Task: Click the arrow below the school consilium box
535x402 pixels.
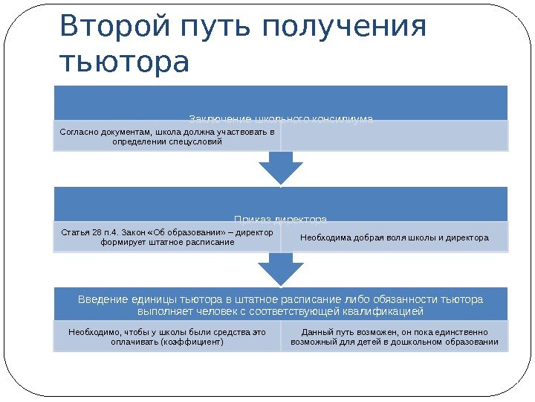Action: coord(280,169)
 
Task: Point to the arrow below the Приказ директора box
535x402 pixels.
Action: coord(280,269)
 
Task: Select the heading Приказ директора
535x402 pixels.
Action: coord(281,219)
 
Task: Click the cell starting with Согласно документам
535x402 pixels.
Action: coord(166,136)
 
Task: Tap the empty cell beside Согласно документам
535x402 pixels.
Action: coord(395,136)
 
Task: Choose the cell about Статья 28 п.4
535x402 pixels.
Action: coord(166,237)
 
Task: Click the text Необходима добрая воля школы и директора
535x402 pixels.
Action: coord(395,238)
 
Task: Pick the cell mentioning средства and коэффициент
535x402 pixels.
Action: coord(166,337)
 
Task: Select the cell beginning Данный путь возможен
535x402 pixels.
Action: coord(395,337)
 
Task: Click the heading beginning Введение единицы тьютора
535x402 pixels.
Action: coord(281,304)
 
